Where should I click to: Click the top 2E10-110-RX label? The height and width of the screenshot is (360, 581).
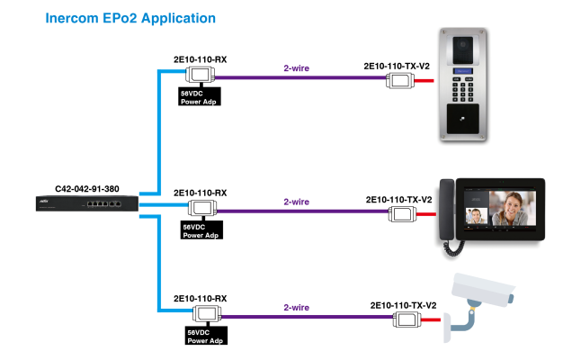point(200,59)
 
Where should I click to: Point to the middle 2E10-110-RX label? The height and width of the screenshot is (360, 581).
point(200,193)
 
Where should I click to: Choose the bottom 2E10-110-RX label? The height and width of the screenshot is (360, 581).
point(200,297)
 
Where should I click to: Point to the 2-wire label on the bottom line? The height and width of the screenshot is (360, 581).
point(297,308)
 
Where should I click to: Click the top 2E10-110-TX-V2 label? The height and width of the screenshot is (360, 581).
point(397,67)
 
